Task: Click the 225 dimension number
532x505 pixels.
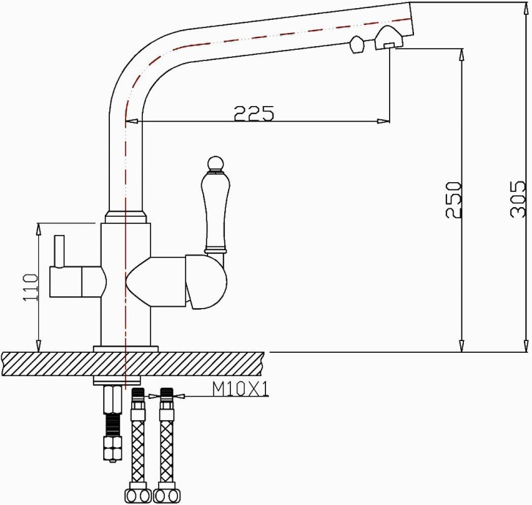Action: click(x=254, y=113)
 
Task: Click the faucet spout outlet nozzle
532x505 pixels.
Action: click(x=388, y=40)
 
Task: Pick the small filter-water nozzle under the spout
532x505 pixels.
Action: click(x=357, y=45)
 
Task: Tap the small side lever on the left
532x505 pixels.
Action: click(x=59, y=252)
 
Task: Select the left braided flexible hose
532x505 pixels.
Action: click(x=138, y=446)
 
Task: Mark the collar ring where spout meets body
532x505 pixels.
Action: click(x=126, y=217)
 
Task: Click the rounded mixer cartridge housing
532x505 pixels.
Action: click(x=213, y=282)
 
